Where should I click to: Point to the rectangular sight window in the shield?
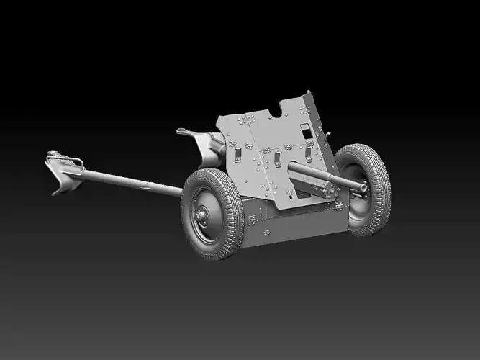point(307,132)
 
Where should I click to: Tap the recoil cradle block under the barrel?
point(317,189)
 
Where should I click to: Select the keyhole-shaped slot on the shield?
point(289,192)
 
